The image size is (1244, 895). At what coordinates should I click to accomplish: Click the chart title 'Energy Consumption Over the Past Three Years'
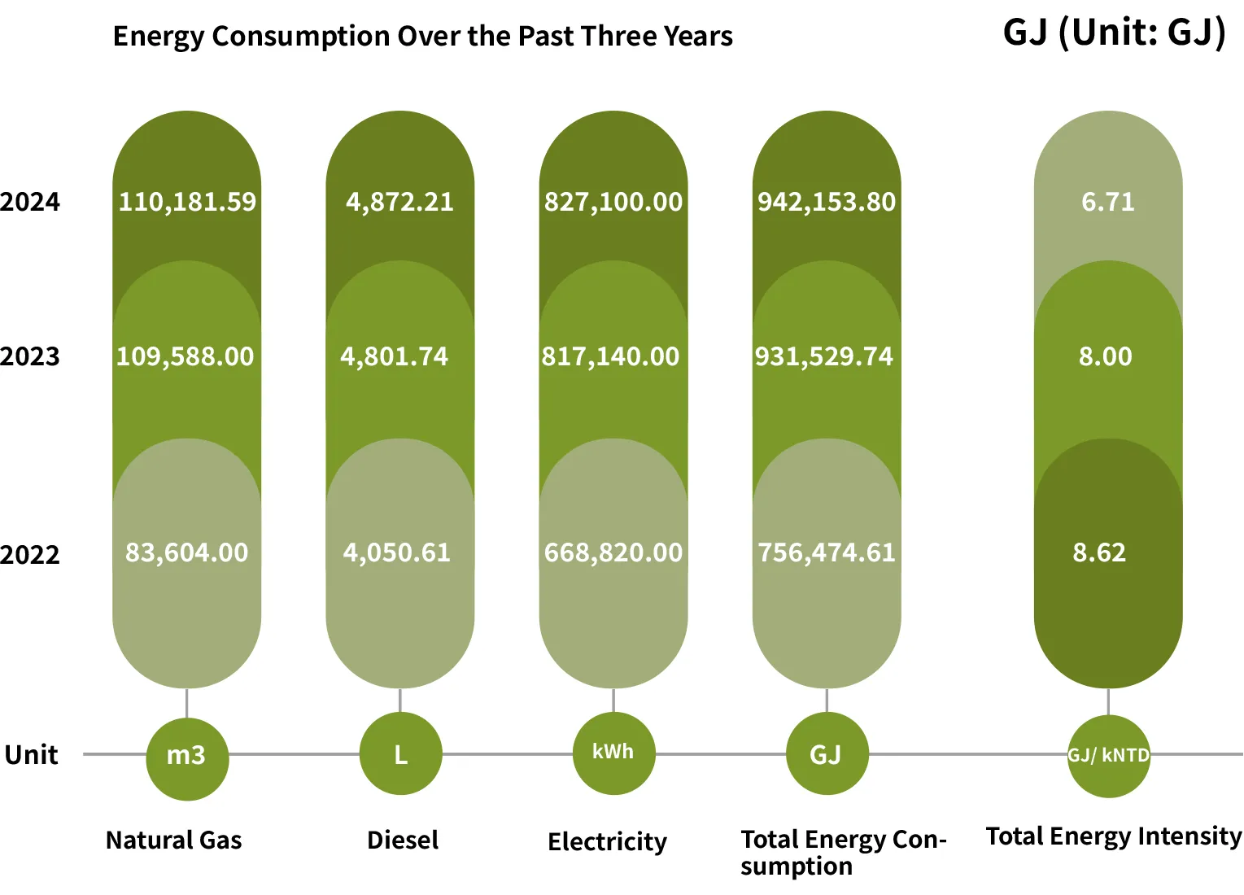[422, 37]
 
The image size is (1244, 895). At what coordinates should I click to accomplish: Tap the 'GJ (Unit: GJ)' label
[1114, 33]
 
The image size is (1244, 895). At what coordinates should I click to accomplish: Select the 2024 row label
[30, 202]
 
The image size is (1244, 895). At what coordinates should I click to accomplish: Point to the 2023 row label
[30, 356]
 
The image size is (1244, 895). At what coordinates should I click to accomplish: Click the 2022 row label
[30, 555]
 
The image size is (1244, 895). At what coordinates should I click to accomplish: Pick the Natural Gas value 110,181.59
[187, 202]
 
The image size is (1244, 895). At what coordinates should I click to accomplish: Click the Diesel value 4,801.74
[395, 356]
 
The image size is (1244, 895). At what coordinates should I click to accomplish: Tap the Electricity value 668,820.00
[613, 553]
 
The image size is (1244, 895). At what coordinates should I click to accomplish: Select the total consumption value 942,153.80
[827, 202]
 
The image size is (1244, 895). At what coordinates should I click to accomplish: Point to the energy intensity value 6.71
[1107, 202]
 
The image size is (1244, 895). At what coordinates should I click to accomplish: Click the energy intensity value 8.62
[1099, 553]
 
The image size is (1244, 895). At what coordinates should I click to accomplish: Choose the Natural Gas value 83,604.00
[186, 553]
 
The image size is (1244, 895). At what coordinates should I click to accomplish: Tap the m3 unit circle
[186, 756]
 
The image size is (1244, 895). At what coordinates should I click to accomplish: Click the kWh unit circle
[613, 753]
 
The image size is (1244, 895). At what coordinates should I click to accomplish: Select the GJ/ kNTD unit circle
[1108, 756]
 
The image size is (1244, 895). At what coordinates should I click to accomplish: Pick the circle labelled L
[400, 754]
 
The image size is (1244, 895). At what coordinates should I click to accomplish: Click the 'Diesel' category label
[403, 840]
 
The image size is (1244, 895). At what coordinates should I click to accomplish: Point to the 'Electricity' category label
[607, 841]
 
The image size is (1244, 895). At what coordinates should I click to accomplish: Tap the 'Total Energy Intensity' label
[1113, 836]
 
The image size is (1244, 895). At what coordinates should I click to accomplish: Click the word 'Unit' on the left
[32, 755]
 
